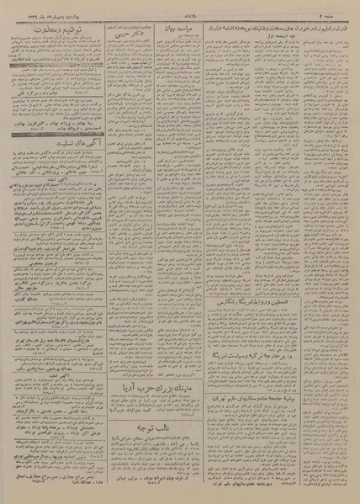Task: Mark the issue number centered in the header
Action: (179, 8)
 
